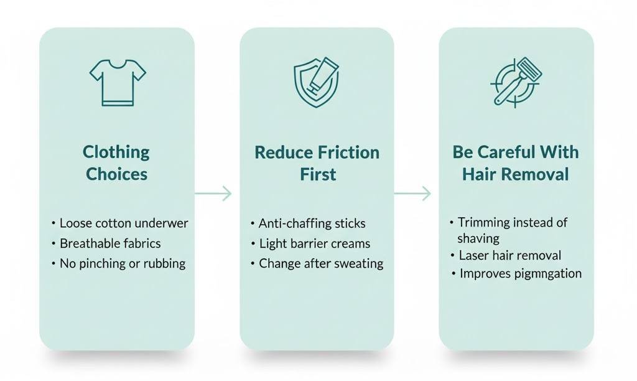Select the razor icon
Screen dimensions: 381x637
pos(516,82)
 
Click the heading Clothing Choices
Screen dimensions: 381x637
pos(117,163)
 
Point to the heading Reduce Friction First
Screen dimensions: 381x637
pos(317,163)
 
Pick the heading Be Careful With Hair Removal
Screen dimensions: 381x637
pos(516,163)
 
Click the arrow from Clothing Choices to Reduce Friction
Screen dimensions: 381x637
pos(213,194)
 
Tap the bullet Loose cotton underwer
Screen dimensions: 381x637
pos(123,223)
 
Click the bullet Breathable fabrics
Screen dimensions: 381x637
pos(110,243)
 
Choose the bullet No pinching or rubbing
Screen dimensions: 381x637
pos(123,263)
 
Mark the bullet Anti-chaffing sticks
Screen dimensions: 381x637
pos(312,223)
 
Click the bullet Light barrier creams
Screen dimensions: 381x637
pos(314,243)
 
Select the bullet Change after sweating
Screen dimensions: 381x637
pos(321,263)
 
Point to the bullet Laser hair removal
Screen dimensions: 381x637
pos(509,255)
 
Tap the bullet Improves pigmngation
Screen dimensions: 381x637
pos(521,273)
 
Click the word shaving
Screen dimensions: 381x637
pos(478,238)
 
